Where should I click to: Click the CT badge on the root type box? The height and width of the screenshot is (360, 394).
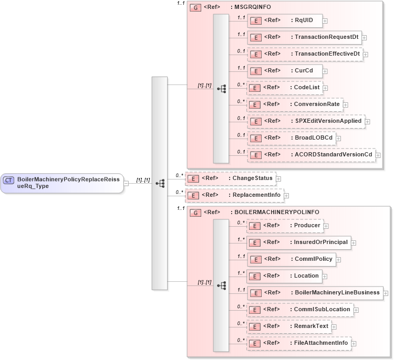click(8, 181)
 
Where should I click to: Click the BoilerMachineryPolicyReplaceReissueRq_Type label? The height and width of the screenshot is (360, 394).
click(68, 182)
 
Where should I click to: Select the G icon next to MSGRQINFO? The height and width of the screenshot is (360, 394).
click(194, 8)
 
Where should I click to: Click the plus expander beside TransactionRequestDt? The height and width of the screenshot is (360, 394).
click(364, 38)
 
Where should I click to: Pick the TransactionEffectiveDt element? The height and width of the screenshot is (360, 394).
click(304, 54)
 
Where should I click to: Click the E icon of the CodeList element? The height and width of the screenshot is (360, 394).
click(254, 88)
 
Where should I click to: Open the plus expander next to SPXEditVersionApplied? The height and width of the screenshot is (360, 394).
click(367, 122)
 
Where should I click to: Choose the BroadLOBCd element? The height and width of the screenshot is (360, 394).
click(295, 138)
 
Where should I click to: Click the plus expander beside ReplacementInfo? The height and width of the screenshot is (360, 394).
click(286, 196)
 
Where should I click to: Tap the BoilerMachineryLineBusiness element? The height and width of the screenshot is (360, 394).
click(315, 293)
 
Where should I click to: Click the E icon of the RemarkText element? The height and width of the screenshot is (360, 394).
click(254, 327)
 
